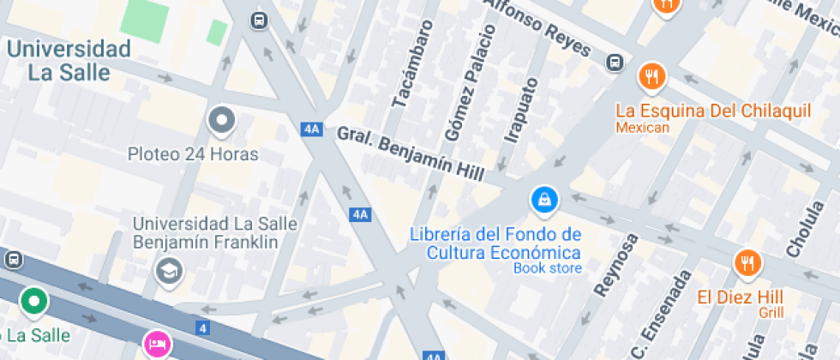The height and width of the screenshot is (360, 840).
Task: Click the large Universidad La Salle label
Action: click(x=69, y=60)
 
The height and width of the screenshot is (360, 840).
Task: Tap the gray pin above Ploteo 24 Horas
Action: click(x=222, y=122)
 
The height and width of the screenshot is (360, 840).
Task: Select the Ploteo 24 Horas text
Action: click(x=193, y=154)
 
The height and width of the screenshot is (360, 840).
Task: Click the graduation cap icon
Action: click(x=169, y=272)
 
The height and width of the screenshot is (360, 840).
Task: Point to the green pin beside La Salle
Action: click(x=34, y=301)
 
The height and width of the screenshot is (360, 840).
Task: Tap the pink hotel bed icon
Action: click(x=157, y=345)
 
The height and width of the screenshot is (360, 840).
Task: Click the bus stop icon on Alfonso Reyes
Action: click(x=615, y=63)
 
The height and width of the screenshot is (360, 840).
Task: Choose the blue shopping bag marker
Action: click(x=543, y=201)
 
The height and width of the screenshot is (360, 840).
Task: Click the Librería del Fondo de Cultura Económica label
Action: click(x=495, y=243)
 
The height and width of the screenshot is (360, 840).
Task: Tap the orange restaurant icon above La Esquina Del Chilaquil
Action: click(x=652, y=77)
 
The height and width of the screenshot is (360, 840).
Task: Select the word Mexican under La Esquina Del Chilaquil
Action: click(x=642, y=128)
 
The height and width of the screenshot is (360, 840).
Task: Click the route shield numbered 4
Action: click(x=202, y=327)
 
